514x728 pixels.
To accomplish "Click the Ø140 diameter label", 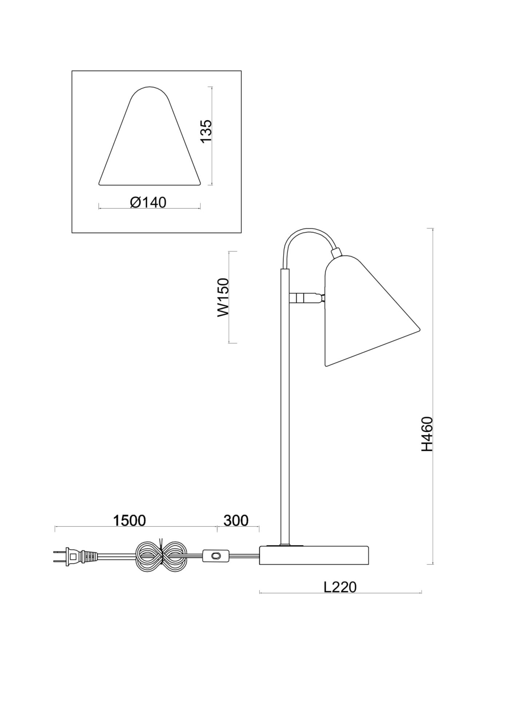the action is tap(148, 202).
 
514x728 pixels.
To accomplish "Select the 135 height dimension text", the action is tap(206, 131).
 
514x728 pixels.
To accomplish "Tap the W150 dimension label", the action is tap(223, 297).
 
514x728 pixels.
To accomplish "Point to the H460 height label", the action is tap(427, 434).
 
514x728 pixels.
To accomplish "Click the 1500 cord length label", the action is tap(129, 521).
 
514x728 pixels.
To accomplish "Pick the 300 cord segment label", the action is tap(236, 521).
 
